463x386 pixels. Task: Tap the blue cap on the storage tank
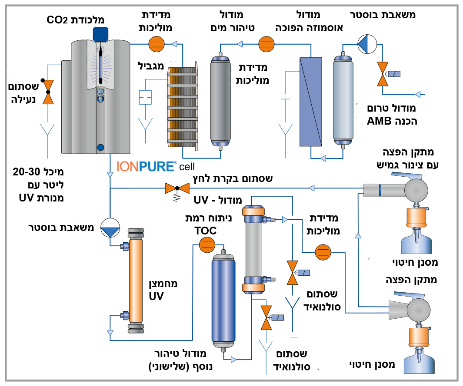pyautogui.click(x=100, y=33)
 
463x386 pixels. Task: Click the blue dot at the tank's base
pyautogui.click(x=101, y=147)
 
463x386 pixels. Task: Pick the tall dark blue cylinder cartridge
pyautogui.click(x=223, y=300)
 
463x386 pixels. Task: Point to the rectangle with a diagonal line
pyautogui.click(x=311, y=102)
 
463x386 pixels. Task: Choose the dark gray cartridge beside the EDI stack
pyautogui.click(x=220, y=101)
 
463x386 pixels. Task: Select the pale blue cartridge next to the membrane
pyautogui.click(x=343, y=101)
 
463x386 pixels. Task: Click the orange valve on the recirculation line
pyautogui.click(x=177, y=188)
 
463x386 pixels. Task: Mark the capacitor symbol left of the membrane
pyautogui.click(x=285, y=96)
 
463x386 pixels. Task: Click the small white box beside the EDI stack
pyautogui.click(x=145, y=97)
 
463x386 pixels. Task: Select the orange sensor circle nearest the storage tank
pyautogui.click(x=156, y=44)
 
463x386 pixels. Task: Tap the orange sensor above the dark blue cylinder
pyautogui.click(x=207, y=245)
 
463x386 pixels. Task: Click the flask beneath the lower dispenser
pyautogui.click(x=419, y=363)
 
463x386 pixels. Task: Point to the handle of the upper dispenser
pyautogui.click(x=406, y=175)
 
